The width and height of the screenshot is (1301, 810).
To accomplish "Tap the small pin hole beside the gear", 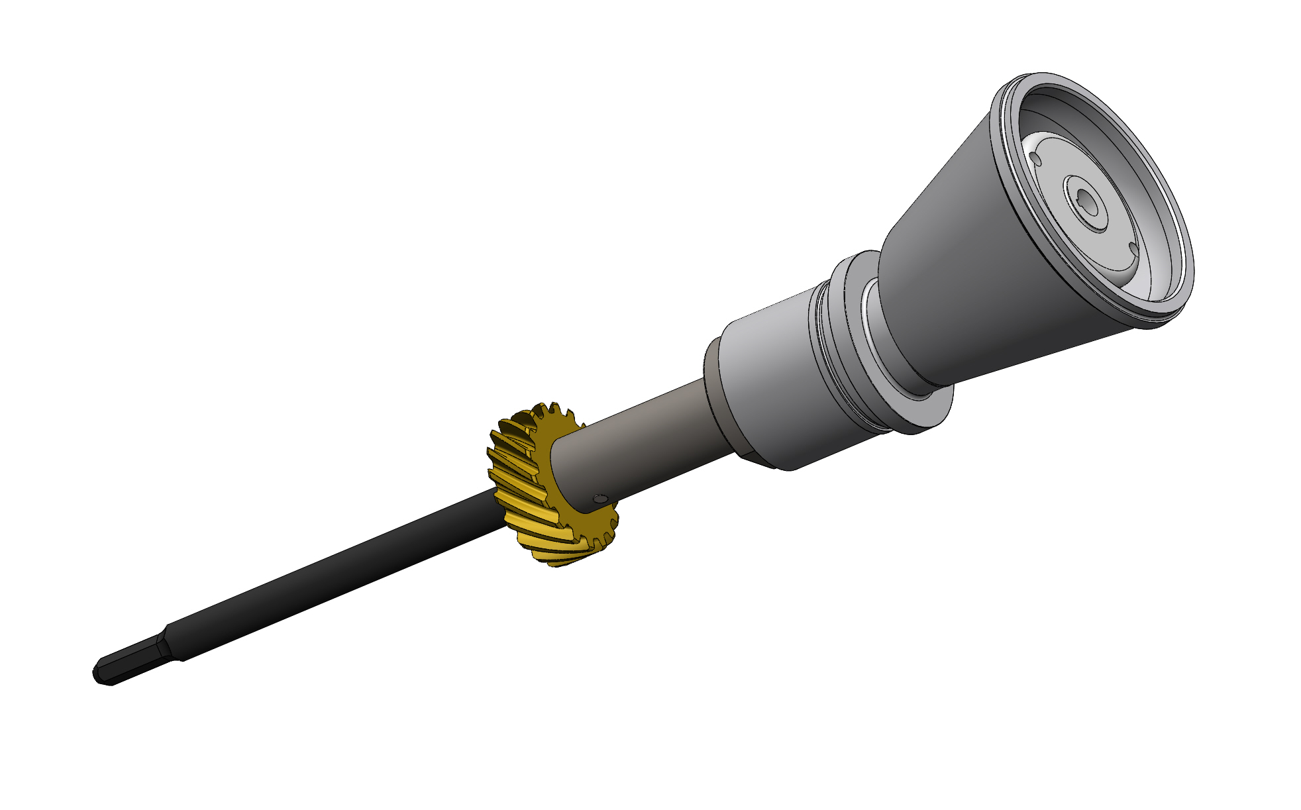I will click(600, 499).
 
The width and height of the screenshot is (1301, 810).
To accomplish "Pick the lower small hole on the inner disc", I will click(1133, 248).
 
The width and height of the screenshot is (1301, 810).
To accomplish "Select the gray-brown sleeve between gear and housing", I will click(636, 444).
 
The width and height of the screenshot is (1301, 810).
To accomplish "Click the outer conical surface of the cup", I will click(980, 265).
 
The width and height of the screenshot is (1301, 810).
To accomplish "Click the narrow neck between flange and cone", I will click(891, 331).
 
